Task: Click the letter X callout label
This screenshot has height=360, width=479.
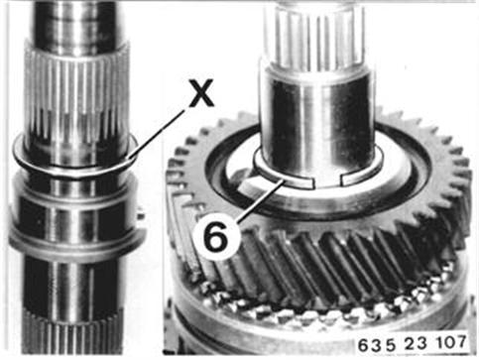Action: [201, 93]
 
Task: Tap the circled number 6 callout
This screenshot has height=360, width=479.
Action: [216, 236]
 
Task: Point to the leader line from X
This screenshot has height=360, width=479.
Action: [156, 135]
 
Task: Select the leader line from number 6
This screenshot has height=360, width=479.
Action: [260, 200]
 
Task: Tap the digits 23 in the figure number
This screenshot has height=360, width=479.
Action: [417, 344]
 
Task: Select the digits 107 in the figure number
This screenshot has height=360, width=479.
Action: [451, 342]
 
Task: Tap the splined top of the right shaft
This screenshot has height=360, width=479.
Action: [315, 37]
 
